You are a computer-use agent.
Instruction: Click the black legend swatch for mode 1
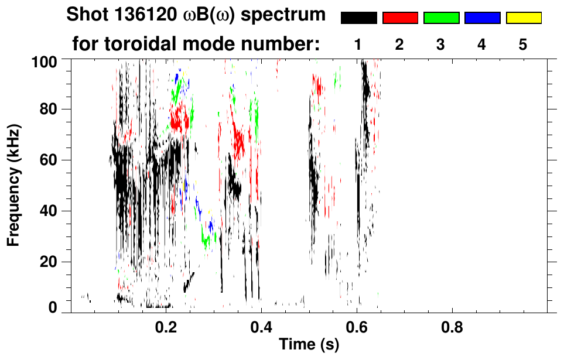(x=358, y=18)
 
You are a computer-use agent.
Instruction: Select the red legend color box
(x=400, y=18)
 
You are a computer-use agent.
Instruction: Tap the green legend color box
(x=441, y=18)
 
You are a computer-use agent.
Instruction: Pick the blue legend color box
(x=482, y=18)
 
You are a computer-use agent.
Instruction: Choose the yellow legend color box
(x=524, y=18)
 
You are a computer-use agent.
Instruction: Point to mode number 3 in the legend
(x=441, y=45)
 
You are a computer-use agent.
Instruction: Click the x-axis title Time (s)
(x=309, y=345)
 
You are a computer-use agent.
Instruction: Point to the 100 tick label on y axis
(x=46, y=60)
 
